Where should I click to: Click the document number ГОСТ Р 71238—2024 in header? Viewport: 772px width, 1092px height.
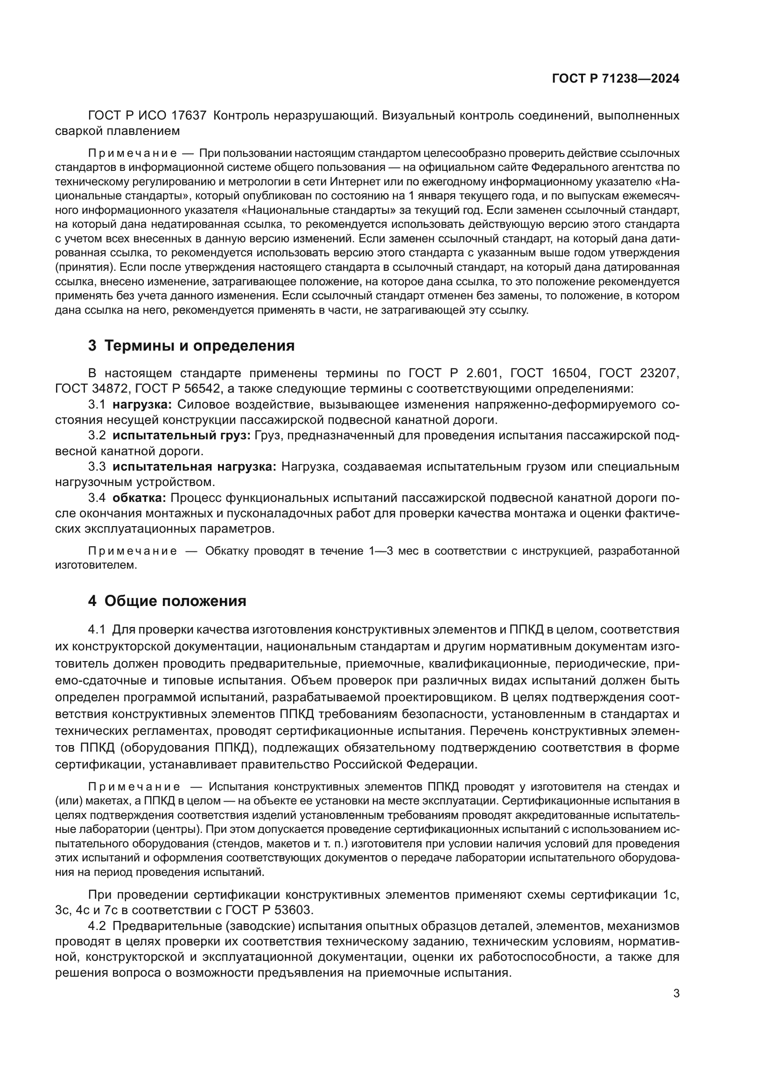tap(615, 79)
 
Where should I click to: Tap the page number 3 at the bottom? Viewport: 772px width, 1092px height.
tap(676, 993)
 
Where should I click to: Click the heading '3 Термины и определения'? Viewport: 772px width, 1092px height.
tap(191, 346)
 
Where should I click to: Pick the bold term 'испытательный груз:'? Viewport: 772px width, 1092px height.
tap(181, 436)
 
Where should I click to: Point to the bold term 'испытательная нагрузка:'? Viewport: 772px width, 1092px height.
tap(194, 466)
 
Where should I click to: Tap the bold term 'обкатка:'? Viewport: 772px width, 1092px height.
tap(139, 498)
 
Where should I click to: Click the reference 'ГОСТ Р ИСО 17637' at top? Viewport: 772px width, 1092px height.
tap(147, 116)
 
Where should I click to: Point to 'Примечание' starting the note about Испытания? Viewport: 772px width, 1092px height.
tap(134, 787)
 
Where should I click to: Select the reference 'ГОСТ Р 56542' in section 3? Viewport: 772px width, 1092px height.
tap(178, 389)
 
